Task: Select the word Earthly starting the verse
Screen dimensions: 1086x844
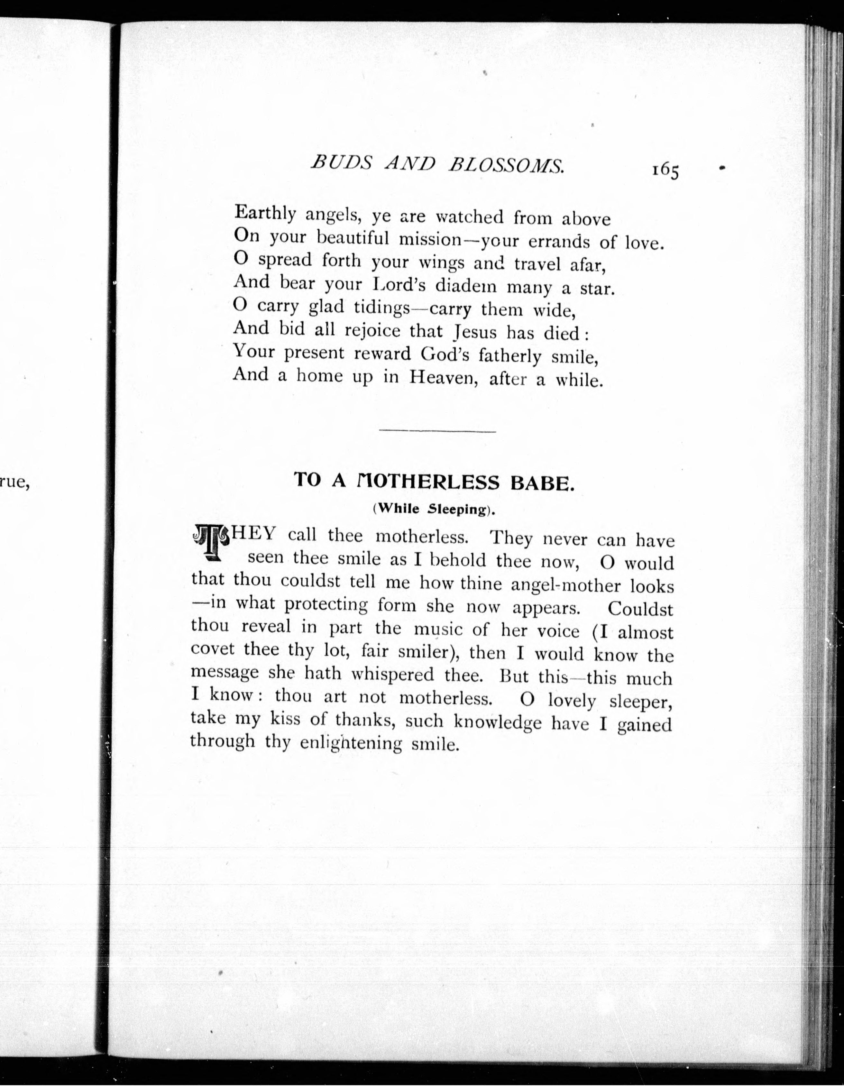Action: coord(265,214)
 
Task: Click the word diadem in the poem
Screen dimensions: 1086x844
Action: coord(466,286)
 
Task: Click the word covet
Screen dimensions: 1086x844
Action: coord(212,649)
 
